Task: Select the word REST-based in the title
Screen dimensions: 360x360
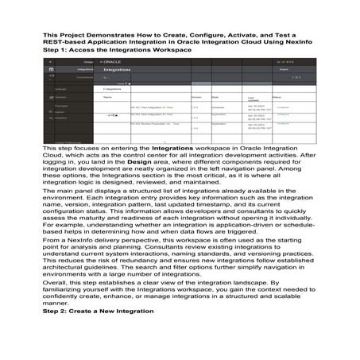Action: pyautogui.click(x=66, y=43)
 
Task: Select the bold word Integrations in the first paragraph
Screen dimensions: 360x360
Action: pyautogui.click(x=175, y=149)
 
